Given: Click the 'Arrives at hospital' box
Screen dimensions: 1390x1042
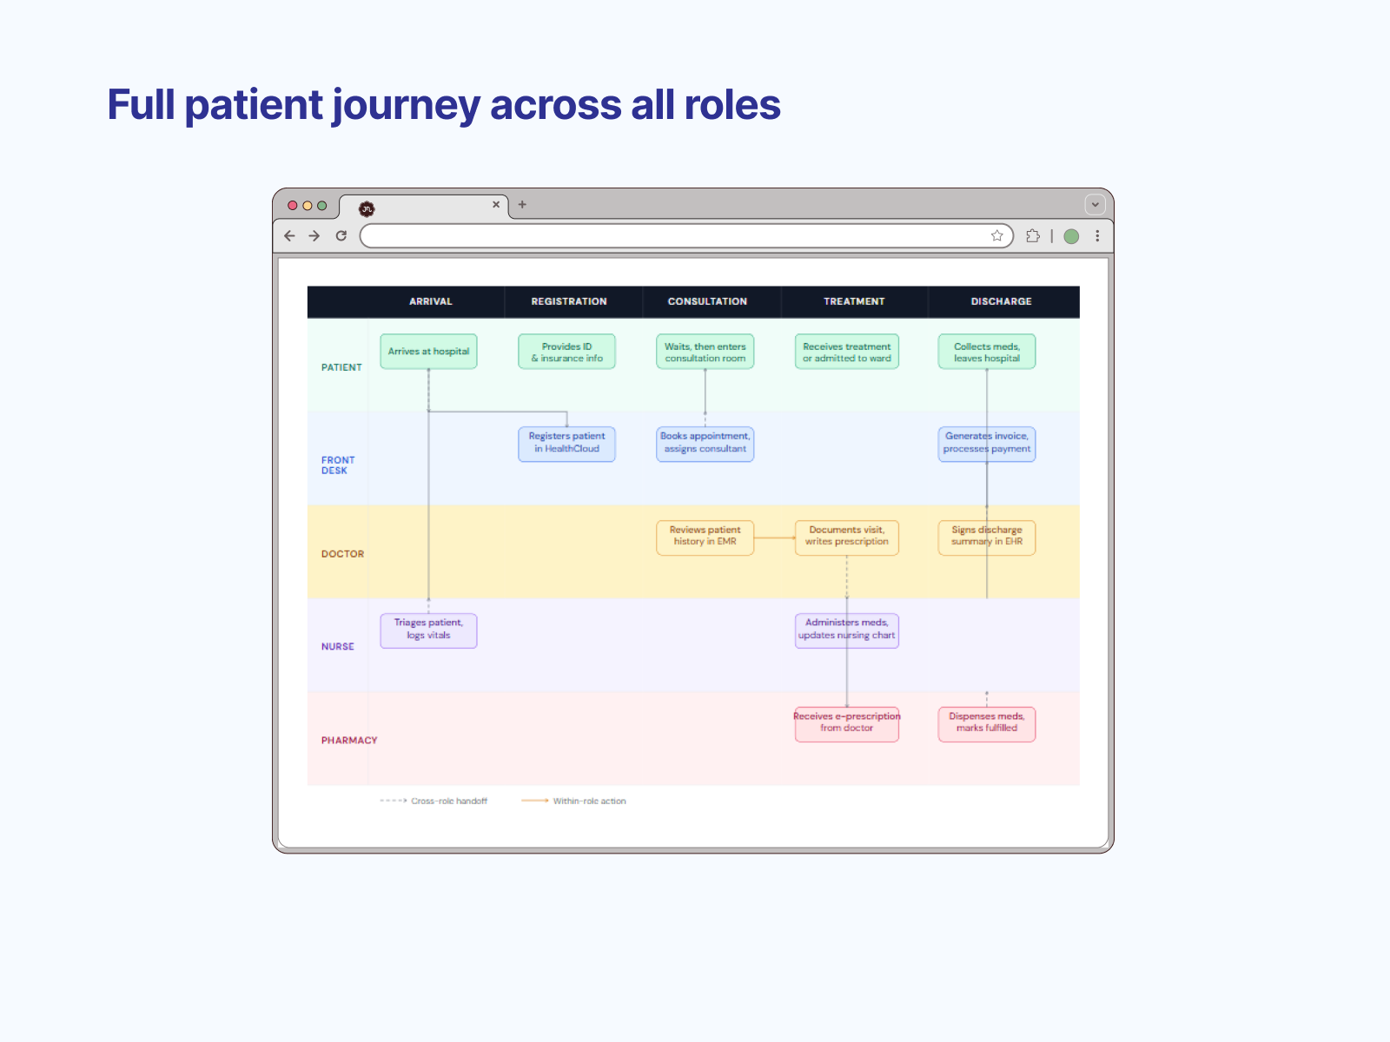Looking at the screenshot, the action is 428,351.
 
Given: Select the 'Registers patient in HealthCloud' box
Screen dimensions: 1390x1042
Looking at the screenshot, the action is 566,444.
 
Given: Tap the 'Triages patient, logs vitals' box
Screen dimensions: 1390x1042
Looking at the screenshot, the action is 428,630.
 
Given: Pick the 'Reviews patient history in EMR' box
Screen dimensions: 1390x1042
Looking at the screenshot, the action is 705,537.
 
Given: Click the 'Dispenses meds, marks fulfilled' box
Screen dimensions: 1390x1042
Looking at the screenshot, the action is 987,724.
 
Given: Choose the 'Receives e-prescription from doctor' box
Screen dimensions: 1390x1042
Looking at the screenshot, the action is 847,724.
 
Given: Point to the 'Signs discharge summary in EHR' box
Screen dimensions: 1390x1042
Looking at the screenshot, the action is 987,537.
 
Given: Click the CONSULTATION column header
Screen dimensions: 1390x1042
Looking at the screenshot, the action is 707,301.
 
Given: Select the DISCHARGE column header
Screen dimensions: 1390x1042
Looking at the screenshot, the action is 1001,301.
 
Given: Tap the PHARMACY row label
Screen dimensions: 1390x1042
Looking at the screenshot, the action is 349,740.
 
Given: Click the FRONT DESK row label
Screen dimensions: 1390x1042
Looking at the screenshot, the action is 338,465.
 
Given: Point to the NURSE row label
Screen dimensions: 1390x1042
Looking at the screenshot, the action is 338,647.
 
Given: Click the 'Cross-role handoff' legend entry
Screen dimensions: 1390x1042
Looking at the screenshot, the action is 434,801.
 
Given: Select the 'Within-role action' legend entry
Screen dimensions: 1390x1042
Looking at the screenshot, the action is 573,801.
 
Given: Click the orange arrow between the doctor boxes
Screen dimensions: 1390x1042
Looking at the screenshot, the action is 774,537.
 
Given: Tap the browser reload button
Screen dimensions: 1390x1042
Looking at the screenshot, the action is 341,236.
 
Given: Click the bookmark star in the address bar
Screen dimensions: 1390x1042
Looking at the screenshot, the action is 996,236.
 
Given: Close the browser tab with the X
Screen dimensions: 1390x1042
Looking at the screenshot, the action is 496,204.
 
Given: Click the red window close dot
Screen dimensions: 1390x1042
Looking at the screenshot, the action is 293,206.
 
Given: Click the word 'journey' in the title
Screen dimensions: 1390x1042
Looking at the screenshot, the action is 406,106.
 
